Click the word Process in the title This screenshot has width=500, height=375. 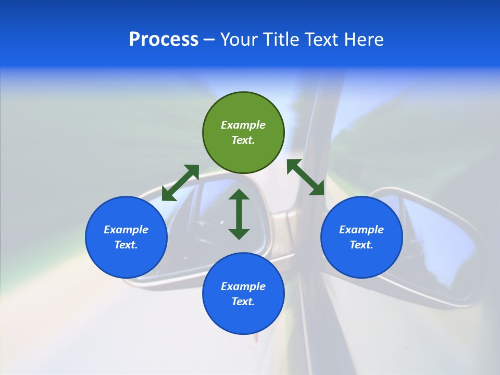pyautogui.click(x=164, y=40)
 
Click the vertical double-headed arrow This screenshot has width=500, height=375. pyautogui.click(x=239, y=214)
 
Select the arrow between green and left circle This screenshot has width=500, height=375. pyautogui.click(x=180, y=183)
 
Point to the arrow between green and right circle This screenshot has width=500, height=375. pyautogui.click(x=306, y=177)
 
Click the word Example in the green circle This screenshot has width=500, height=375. pyautogui.click(x=243, y=125)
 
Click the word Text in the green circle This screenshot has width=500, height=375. pyautogui.click(x=243, y=140)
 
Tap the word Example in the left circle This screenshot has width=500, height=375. pyautogui.click(x=126, y=230)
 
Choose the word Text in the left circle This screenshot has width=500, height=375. pyautogui.click(x=126, y=245)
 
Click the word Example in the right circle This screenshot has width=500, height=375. pyautogui.click(x=361, y=230)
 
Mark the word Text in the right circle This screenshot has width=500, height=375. pyautogui.click(x=361, y=245)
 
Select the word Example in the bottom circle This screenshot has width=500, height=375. pyautogui.click(x=243, y=286)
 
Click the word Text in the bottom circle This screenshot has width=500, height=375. pyautogui.click(x=243, y=302)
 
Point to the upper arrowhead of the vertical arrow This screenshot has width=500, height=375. pyautogui.click(x=239, y=194)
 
